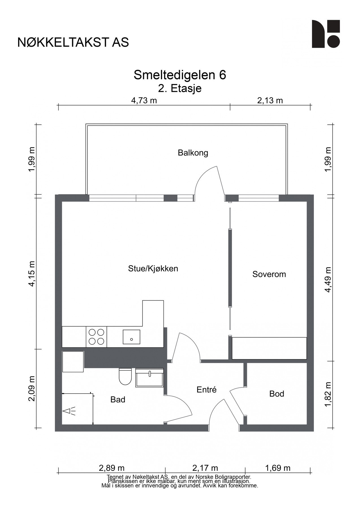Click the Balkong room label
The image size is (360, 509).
tap(193, 153)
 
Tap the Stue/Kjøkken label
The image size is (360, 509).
tap(153, 268)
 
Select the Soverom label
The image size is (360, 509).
tap(269, 274)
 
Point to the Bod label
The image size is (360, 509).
tap(277, 394)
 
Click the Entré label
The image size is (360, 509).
tap(206, 390)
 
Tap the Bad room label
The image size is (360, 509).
tap(118, 400)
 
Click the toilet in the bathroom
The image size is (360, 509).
tap(125, 377)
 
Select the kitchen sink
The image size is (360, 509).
tap(132, 337)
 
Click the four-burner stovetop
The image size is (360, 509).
tap(96, 337)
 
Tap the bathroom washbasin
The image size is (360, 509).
tap(149, 378)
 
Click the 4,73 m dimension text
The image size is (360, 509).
tap(144, 100)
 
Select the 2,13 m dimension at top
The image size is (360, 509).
tap(270, 100)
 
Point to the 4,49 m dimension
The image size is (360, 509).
tap(328, 280)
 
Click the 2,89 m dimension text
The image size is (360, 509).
tap(112, 468)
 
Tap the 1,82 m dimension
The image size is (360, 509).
tap(328, 394)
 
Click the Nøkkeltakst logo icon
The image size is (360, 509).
tap(326, 34)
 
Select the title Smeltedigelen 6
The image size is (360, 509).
tap(180, 75)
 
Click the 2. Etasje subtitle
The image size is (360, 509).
tap(180, 89)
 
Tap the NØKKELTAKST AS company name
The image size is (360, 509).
tap(73, 42)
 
